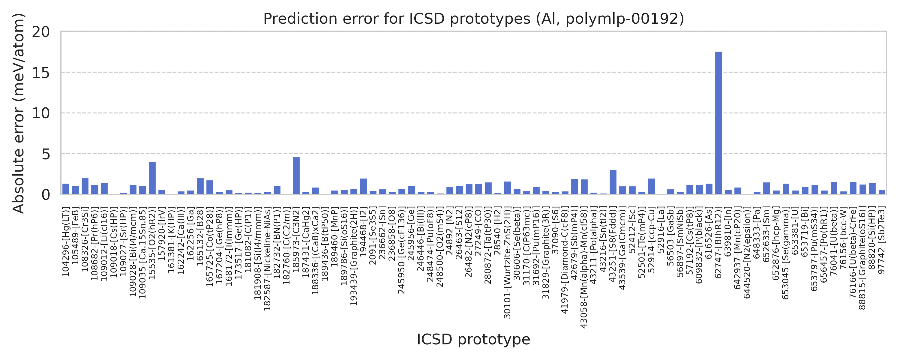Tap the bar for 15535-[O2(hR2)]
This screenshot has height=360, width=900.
coord(152,178)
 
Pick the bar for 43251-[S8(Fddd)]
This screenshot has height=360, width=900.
coord(613,182)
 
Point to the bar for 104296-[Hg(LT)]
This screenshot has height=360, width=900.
coord(66,189)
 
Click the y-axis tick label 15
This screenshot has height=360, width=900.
coord(40,73)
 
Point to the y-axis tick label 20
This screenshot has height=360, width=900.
coord(40,32)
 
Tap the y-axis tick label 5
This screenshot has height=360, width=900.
coord(45,154)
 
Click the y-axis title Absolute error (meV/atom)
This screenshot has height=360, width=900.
coord(18,113)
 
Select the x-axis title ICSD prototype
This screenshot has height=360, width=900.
coord(473,339)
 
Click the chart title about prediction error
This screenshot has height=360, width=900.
coord(473,19)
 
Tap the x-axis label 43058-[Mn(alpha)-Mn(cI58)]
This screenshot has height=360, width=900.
coord(584,267)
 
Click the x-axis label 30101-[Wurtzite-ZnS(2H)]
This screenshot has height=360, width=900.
coord(507,262)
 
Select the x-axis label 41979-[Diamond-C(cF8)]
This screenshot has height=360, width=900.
coord(565,260)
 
